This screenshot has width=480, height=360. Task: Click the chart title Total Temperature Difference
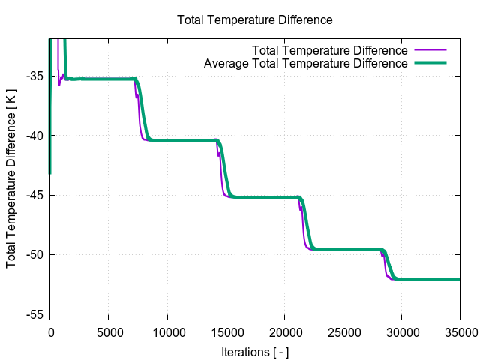pyautogui.click(x=254, y=19)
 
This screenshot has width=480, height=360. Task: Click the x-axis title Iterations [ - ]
pyautogui.click(x=255, y=351)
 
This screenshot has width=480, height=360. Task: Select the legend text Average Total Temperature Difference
pyautogui.click(x=306, y=64)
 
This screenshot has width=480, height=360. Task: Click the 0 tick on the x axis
pyautogui.click(x=50, y=331)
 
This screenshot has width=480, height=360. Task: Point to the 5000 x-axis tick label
pyautogui.click(x=109, y=331)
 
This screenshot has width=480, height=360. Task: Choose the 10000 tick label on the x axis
pyautogui.click(x=167, y=331)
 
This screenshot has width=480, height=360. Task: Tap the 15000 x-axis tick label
pyautogui.click(x=226, y=331)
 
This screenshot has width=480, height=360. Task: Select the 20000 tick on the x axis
pyautogui.click(x=284, y=331)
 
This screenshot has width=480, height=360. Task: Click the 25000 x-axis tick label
pyautogui.click(x=343, y=331)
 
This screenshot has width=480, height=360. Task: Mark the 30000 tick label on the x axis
pyautogui.click(x=401, y=331)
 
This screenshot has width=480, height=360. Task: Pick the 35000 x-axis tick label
pyautogui.click(x=460, y=331)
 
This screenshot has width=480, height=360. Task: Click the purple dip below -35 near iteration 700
pyautogui.click(x=59, y=85)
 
